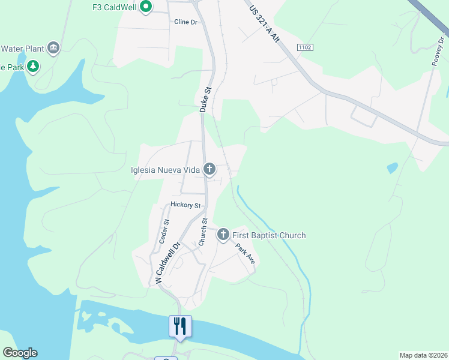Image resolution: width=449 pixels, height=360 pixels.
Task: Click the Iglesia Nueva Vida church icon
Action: pyautogui.click(x=209, y=169)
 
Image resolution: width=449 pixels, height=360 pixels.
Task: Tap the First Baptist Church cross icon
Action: pyautogui.click(x=223, y=235)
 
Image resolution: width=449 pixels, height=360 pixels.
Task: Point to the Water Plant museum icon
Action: pyautogui.click(x=53, y=48)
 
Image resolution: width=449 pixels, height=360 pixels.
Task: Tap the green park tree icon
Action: pyautogui.click(x=33, y=67)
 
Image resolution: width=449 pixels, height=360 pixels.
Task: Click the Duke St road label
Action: pyautogui.click(x=206, y=100)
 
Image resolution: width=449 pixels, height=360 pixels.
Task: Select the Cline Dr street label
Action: pyautogui.click(x=185, y=22)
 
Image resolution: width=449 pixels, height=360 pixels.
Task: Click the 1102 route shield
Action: pyautogui.click(x=305, y=46)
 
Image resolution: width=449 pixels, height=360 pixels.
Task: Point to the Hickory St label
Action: pyautogui.click(x=184, y=205)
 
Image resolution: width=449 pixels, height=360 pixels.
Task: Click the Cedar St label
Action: pyautogui.click(x=164, y=230)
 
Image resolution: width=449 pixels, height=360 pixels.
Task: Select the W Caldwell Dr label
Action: pyautogui.click(x=168, y=263)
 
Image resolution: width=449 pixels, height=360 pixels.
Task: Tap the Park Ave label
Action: pyautogui.click(x=246, y=254)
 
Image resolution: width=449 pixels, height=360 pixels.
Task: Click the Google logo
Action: pyautogui.click(x=20, y=353)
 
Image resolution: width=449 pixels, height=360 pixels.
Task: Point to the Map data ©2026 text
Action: pyautogui.click(x=423, y=355)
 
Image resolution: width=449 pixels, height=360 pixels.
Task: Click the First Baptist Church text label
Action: pyautogui.click(x=270, y=235)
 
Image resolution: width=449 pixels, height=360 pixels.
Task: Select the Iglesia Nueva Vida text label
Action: pyautogui.click(x=165, y=170)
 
